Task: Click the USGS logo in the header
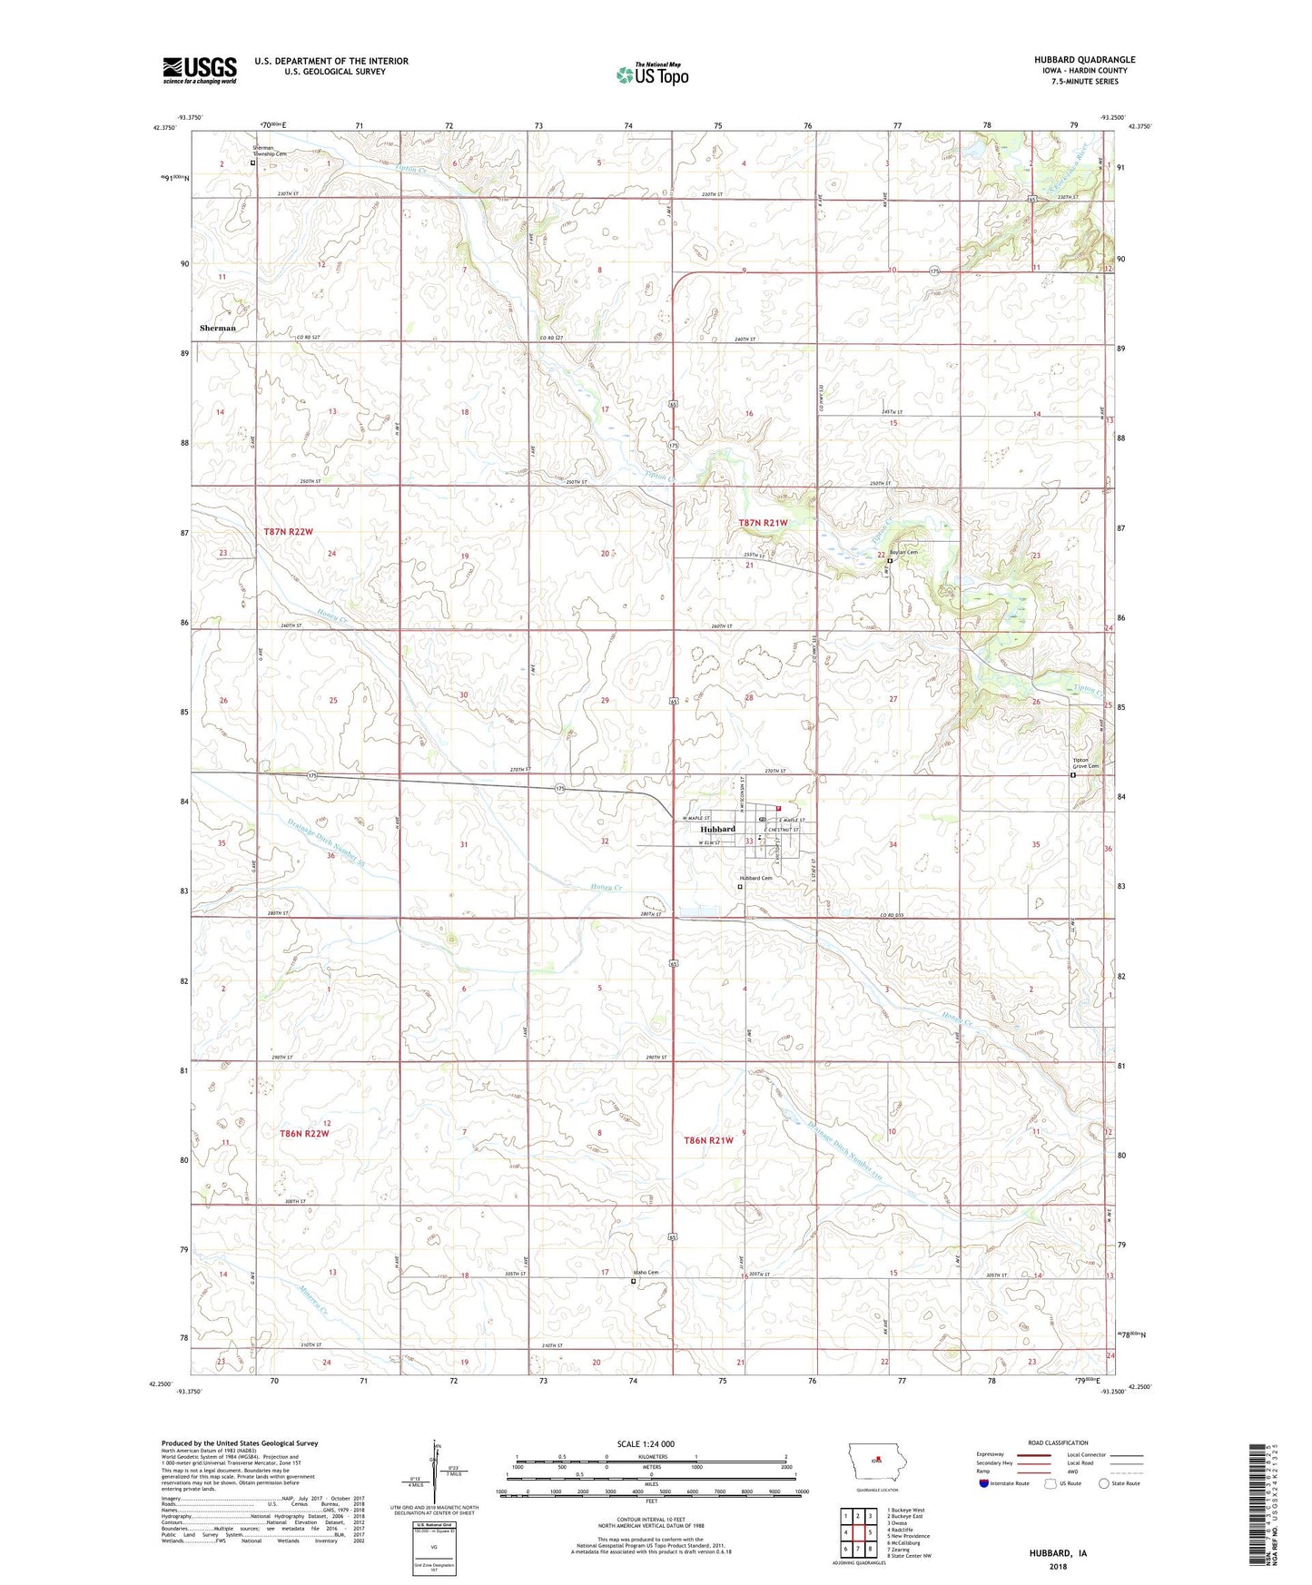[200, 69]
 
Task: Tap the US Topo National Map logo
[651, 74]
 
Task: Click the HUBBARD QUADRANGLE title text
[1083, 60]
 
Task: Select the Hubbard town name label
[717, 829]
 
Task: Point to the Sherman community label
[218, 328]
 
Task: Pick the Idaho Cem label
[646, 1272]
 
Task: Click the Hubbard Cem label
[755, 878]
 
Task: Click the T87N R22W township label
[288, 531]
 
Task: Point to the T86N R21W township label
[707, 1140]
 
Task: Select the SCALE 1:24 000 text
[646, 1443]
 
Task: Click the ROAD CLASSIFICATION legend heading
[1059, 1442]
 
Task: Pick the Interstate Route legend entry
[1006, 1483]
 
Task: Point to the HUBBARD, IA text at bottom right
[1058, 1553]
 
